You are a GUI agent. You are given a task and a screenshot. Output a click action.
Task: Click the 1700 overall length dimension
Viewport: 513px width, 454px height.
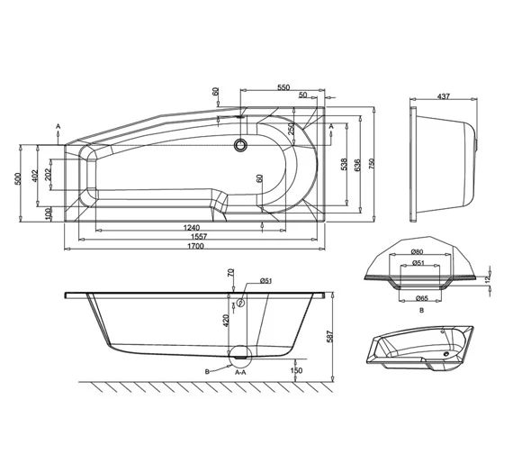[195, 247]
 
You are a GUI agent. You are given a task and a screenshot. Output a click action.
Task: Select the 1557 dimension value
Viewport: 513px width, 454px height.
[195, 237]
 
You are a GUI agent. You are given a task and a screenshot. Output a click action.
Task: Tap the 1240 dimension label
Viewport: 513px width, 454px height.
[187, 227]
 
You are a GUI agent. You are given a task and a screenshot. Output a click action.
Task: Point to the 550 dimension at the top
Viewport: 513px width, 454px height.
[284, 87]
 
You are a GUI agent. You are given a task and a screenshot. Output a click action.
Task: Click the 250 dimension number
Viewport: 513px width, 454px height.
[291, 129]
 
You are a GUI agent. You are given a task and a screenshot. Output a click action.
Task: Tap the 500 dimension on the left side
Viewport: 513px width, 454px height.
[17, 178]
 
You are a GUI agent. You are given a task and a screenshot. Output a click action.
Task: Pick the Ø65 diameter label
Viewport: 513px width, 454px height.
[421, 297]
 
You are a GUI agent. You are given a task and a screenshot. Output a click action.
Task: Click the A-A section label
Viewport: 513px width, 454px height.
[240, 371]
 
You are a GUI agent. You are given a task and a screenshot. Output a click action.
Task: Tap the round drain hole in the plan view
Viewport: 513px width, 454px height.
[240, 143]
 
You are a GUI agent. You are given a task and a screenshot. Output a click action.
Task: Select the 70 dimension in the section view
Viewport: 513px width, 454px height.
[231, 272]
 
